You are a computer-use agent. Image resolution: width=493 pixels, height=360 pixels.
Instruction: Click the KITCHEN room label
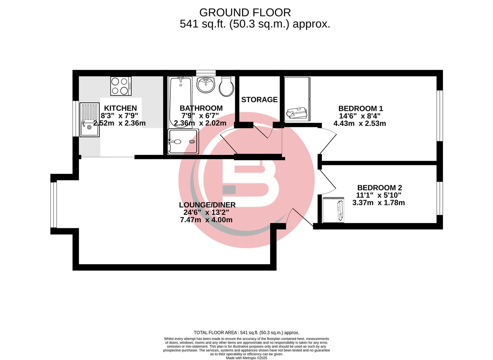point(120,108)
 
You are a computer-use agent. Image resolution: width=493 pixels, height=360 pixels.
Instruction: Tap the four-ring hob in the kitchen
point(121,86)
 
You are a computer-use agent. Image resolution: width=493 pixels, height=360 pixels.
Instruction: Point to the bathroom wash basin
point(206,85)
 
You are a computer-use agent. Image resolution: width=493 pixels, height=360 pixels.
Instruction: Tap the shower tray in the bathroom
point(183,142)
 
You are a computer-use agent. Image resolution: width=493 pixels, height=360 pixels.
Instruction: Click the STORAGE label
point(260,100)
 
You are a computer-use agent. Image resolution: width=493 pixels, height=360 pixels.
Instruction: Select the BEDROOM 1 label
point(361,108)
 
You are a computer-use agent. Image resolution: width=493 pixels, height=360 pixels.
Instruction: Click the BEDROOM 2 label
point(380,188)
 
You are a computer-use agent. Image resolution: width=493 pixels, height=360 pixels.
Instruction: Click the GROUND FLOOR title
point(245,13)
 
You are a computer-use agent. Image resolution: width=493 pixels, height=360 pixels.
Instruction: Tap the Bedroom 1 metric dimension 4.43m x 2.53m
point(360,123)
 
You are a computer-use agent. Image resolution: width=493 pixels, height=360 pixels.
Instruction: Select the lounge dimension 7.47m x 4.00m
point(206,220)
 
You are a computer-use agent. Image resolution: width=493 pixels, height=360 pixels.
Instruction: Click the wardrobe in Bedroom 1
point(297,99)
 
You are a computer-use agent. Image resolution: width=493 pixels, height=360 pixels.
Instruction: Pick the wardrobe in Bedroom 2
point(333,210)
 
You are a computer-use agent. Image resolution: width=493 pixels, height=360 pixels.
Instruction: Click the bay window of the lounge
point(53,205)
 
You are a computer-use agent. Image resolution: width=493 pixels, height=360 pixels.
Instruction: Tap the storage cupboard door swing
point(264,131)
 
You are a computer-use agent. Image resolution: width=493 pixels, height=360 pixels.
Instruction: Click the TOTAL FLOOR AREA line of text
point(246,332)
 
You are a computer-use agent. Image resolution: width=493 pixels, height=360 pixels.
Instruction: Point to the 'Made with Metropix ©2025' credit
point(246,358)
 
